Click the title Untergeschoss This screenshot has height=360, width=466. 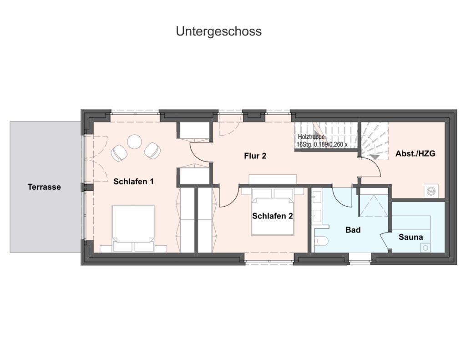point(219,31)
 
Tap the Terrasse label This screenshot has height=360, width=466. point(44,187)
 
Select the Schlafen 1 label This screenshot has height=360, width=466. point(133,181)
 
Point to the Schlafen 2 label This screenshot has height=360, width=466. point(273,216)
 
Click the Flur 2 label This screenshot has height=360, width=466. point(255,156)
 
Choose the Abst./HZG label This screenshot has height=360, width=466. point(415,153)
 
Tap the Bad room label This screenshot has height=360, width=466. point(353,230)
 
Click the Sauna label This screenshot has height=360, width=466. point(411,237)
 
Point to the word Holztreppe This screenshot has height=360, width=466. point(311,137)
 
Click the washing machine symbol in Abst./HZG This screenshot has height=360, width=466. point(431,191)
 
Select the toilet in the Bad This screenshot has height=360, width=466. point(321,241)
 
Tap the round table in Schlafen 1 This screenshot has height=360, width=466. point(135,142)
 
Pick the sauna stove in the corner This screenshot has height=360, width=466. point(425,247)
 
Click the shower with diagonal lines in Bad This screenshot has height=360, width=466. point(374,206)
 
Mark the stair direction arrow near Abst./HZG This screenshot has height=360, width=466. point(375,157)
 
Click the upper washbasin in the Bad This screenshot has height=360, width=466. point(317,197)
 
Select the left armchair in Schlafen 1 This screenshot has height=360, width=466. point(120,153)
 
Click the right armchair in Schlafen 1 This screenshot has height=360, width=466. point(152,150)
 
